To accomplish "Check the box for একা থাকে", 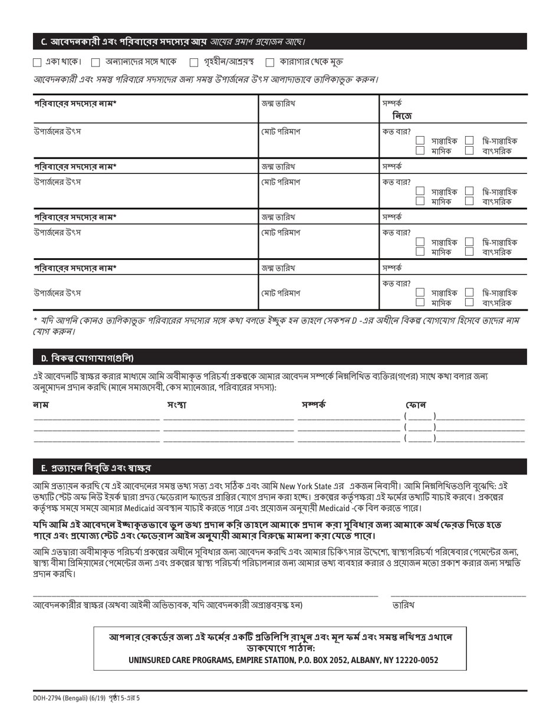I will [x=37, y=62].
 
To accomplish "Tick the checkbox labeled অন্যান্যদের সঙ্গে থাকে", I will [x=96, y=62].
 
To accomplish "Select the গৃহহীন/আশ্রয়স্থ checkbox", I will [x=194, y=62].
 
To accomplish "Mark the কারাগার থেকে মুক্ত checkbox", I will [x=270, y=62].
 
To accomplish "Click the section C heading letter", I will [x=44, y=42].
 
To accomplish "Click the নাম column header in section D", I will [x=41, y=404].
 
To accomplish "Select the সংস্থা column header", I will [x=176, y=404].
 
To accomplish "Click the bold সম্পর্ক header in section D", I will [x=314, y=404].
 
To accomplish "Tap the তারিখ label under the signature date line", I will [x=403, y=605].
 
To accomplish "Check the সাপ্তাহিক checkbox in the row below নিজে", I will [x=420, y=141].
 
